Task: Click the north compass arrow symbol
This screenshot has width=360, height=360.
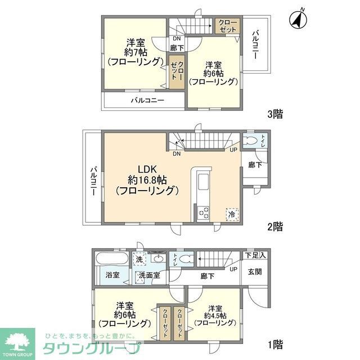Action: [x=298, y=19]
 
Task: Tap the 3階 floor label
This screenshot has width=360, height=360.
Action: [x=274, y=114]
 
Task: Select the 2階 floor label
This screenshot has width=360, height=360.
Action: [x=274, y=227]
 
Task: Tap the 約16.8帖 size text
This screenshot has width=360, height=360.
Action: [x=147, y=180]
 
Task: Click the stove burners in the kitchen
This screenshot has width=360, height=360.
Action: [x=203, y=213]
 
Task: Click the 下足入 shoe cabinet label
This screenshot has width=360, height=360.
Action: [x=256, y=255]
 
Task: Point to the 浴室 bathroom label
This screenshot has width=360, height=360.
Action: [x=112, y=275]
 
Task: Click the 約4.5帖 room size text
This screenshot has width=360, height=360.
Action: [x=214, y=316]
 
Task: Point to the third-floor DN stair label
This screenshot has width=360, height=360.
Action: [x=177, y=39]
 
